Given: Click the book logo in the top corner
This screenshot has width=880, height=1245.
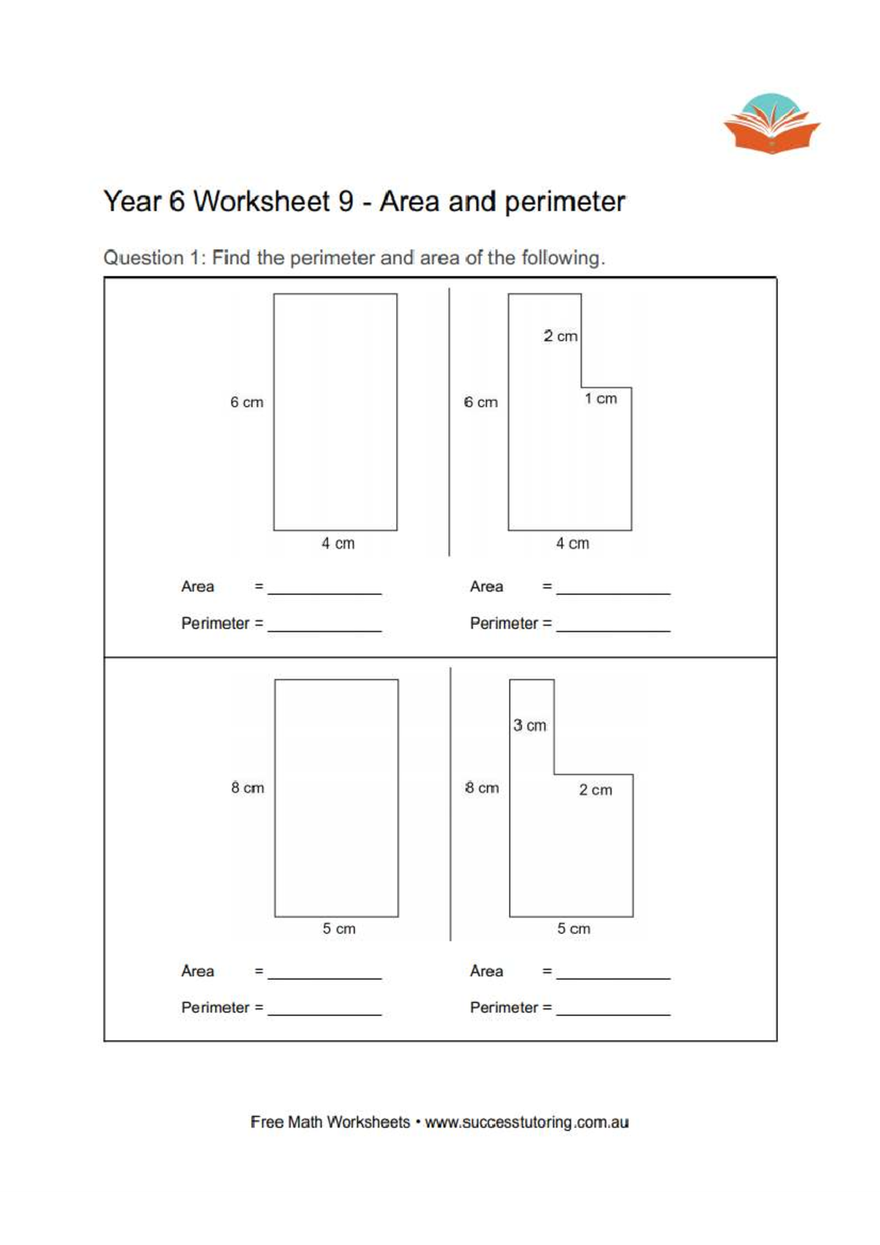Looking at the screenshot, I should [771, 124].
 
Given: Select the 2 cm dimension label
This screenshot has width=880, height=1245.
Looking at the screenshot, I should [560, 336].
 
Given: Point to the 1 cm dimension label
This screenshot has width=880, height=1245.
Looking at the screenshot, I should [601, 398].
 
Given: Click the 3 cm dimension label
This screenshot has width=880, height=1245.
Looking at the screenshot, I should [529, 726].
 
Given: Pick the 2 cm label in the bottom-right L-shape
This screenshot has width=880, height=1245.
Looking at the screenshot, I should [595, 790].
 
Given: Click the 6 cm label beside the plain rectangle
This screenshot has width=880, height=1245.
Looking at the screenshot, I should [246, 402].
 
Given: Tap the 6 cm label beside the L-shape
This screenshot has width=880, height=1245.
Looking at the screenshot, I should [480, 402].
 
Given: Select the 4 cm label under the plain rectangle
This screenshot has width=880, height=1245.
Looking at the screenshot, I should [337, 544].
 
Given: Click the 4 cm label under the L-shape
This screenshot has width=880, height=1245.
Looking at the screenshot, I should [572, 544].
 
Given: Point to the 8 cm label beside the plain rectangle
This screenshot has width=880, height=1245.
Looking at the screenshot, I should [247, 788].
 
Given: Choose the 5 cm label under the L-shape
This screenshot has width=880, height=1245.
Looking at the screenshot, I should [573, 929].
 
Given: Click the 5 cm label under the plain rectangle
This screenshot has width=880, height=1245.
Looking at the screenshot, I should [339, 929].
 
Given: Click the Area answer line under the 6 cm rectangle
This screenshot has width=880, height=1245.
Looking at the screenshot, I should [324, 591].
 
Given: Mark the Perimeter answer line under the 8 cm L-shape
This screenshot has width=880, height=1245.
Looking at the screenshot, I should [613, 1012].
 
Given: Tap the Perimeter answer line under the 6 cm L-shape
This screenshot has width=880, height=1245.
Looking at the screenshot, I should [613, 629].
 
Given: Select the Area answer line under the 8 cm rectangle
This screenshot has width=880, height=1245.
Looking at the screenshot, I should [324, 976].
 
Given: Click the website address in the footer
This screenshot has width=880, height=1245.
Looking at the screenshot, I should [527, 1122].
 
